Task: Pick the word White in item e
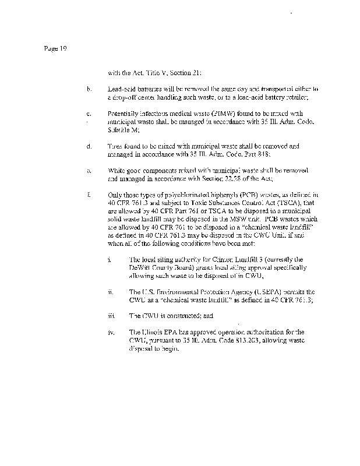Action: pos(117,171)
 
